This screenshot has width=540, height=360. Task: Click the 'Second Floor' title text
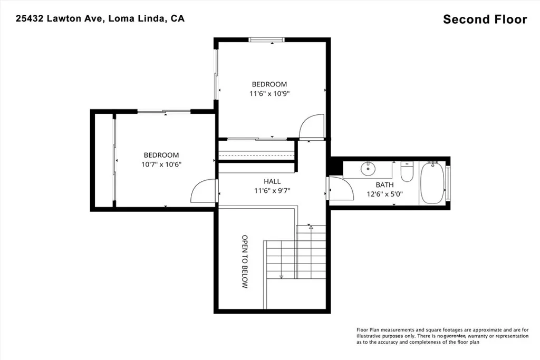tap(485, 20)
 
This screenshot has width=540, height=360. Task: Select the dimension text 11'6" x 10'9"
tap(269, 94)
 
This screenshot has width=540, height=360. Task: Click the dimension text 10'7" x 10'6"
tap(161, 164)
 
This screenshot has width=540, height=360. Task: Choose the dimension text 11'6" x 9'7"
tap(272, 191)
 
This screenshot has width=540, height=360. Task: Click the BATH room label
tap(384, 184)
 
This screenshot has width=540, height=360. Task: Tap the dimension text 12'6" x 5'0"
tap(384, 194)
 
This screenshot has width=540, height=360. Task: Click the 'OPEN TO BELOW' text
tap(245, 261)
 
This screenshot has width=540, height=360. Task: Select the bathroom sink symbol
tap(368, 170)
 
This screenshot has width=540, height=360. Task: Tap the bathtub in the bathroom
tap(433, 183)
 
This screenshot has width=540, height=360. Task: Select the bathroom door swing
tap(339, 188)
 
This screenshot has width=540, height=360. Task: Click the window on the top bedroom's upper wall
tap(266, 40)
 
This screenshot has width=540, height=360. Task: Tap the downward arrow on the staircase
tap(281, 275)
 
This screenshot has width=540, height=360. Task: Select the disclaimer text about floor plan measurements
tap(442, 335)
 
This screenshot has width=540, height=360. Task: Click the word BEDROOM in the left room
tap(161, 155)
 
